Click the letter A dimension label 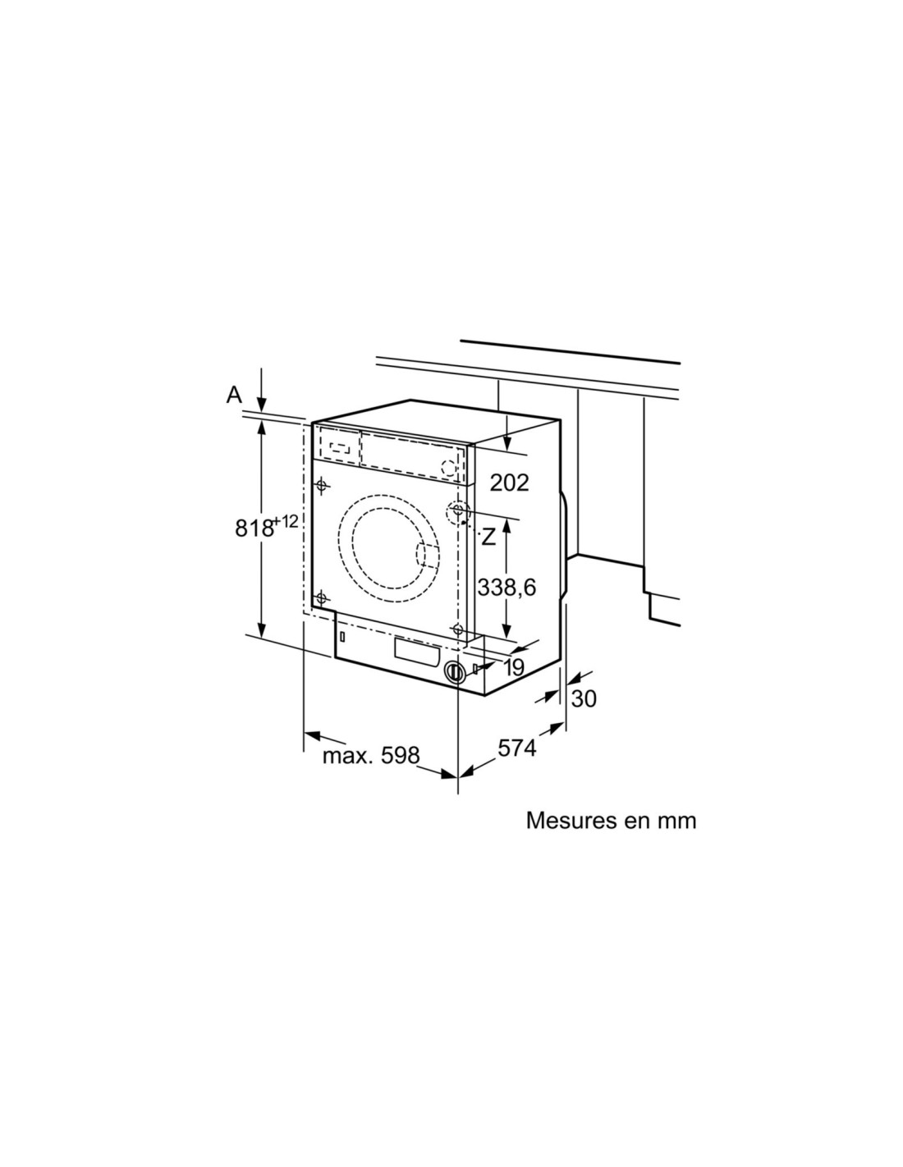[234, 395]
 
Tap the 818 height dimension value [254, 529]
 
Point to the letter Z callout [488, 537]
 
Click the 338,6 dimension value [507, 588]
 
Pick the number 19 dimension [514, 667]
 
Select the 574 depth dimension [517, 748]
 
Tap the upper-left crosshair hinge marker [322, 486]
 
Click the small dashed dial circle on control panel [448, 468]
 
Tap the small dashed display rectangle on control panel [338, 447]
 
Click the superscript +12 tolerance [286, 521]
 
